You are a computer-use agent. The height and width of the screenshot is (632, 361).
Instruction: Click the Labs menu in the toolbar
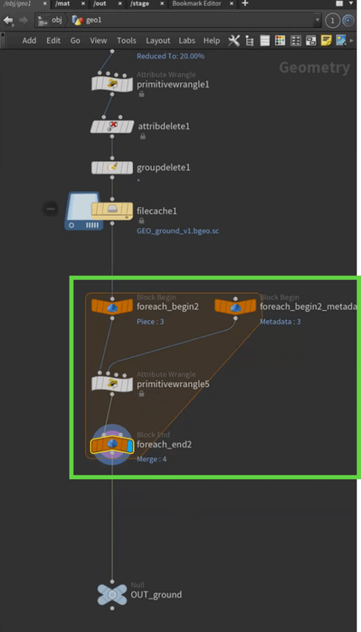click(187, 41)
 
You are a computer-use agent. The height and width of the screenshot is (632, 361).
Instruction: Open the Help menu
click(211, 41)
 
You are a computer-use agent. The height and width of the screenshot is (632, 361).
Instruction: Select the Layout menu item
click(158, 41)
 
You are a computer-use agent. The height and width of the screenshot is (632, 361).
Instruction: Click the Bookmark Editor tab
click(196, 4)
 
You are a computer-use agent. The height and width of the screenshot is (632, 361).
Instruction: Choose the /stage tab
click(140, 4)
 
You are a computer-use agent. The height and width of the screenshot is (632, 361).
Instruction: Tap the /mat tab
click(63, 4)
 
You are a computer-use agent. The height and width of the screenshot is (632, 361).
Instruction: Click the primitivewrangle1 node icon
click(112, 84)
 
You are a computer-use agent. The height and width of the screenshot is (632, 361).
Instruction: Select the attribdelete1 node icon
click(112, 126)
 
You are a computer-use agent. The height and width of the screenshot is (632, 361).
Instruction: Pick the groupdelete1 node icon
click(112, 167)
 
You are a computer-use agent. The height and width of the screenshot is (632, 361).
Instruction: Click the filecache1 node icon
click(112, 210)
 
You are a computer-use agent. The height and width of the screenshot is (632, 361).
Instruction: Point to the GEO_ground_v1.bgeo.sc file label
click(178, 231)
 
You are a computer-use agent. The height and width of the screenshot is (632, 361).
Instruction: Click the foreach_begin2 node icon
click(112, 306)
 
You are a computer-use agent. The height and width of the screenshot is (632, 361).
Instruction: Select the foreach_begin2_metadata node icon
click(235, 306)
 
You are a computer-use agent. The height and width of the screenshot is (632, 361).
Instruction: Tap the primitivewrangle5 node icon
click(112, 383)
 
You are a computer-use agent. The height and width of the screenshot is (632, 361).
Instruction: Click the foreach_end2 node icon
click(112, 445)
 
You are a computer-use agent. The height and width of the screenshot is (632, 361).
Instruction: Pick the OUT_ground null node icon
click(112, 595)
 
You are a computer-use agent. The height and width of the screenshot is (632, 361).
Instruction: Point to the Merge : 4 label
click(151, 459)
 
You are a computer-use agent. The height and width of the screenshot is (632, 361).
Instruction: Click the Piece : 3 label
click(150, 322)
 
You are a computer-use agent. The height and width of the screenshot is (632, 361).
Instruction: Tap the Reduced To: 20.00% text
click(170, 56)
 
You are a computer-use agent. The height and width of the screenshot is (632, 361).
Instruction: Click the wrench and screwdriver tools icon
click(234, 41)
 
